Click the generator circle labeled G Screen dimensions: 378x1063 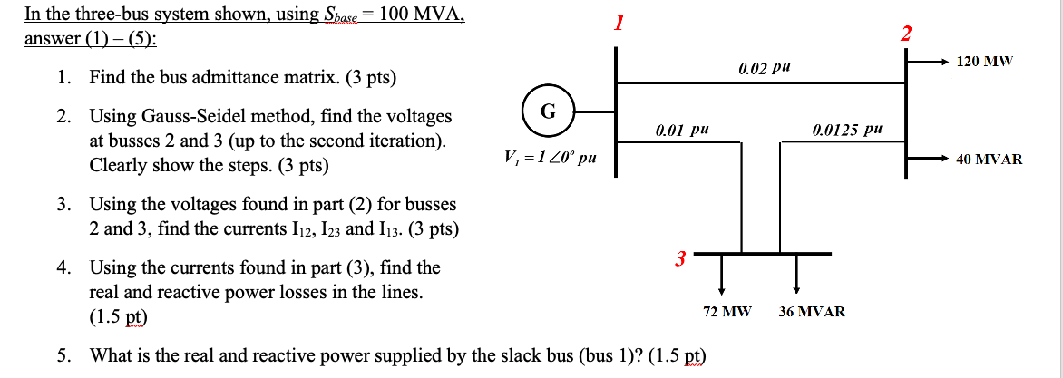546,111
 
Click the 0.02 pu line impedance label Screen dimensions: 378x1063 760,68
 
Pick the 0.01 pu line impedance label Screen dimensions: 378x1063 679,131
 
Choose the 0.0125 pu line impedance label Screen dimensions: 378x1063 847,131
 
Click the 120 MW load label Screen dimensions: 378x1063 986,62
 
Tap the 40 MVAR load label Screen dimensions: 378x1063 990,159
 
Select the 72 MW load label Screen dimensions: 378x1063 727,311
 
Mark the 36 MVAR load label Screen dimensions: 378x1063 812,311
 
